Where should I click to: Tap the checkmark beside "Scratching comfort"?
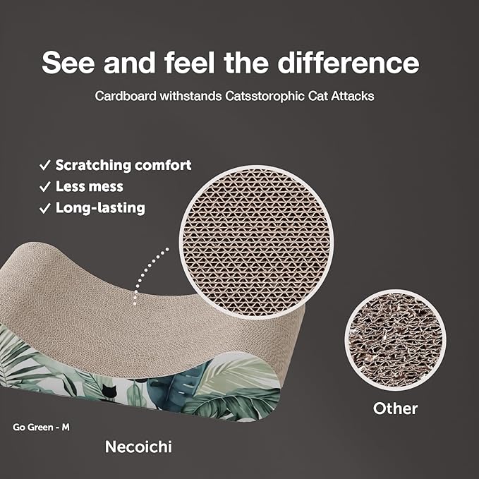(44, 165)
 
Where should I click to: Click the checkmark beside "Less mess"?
(44, 186)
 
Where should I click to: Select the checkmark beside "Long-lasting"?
(44, 207)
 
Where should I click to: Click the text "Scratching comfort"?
(123, 165)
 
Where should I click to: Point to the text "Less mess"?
(90, 186)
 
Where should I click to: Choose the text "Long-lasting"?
(100, 207)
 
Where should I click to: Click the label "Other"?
(395, 408)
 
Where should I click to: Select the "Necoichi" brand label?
(138, 447)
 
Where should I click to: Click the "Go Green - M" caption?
(41, 427)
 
